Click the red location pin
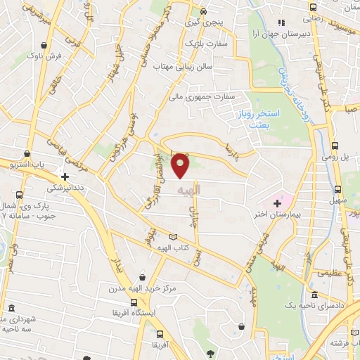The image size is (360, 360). (x=181, y=165)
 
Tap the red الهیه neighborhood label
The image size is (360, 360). (x=189, y=191)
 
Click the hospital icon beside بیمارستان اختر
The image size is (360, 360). (x=277, y=203)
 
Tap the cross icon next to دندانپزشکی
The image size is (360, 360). (x=65, y=177)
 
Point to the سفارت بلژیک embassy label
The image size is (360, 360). (x=202, y=43)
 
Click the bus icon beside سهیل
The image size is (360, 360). (x=337, y=189)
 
